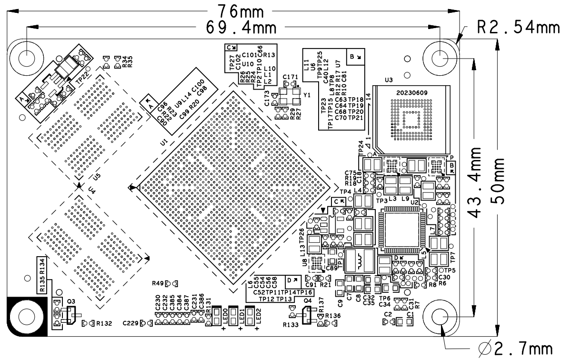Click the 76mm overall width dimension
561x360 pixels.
pyautogui.click(x=236, y=10)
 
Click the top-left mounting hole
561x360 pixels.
pyautogui.click(x=27, y=58)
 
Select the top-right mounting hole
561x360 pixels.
pyautogui.click(x=441, y=58)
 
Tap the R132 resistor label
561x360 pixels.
pyautogui.click(x=104, y=324)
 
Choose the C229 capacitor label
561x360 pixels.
pyautogui.click(x=131, y=323)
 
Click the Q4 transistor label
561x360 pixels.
pyautogui.click(x=307, y=300)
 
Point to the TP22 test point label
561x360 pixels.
pyautogui.click(x=82, y=77)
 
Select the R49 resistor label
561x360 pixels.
pyautogui.click(x=158, y=283)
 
